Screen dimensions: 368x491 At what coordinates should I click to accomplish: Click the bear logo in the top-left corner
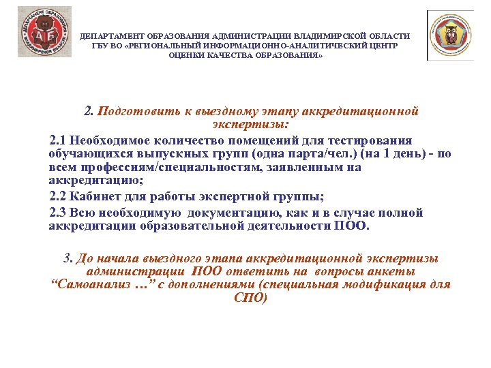(44, 31)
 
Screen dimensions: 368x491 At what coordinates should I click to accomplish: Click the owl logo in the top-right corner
(450, 35)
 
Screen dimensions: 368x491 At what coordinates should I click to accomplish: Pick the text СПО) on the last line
(250, 298)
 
